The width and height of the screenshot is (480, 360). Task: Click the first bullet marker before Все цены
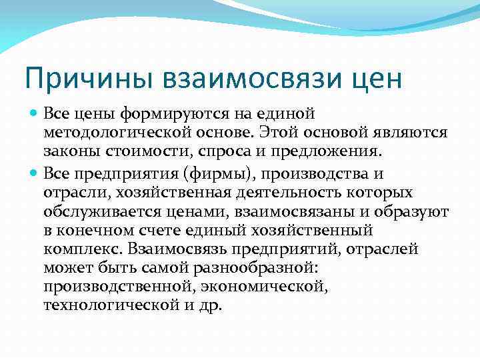(34, 115)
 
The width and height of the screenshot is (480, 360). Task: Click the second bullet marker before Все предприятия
(34, 174)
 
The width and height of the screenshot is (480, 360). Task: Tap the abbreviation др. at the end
(211, 305)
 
